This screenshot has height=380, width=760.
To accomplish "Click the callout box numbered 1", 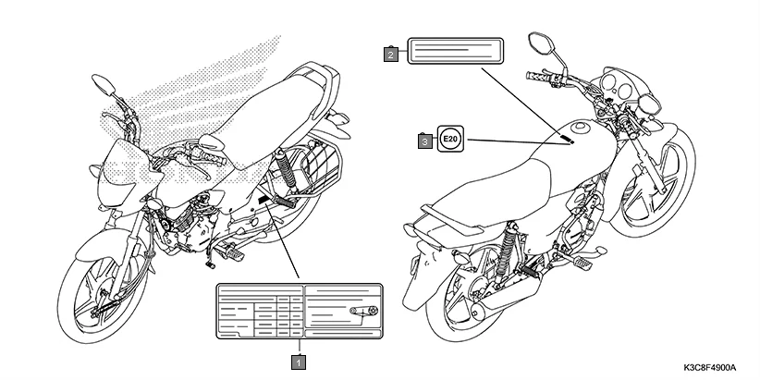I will click(x=298, y=361).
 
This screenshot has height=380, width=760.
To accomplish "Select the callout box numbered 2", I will click(x=392, y=55).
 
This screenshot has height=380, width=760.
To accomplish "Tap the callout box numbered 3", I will click(x=424, y=141).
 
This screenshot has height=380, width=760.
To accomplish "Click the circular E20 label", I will click(x=449, y=140).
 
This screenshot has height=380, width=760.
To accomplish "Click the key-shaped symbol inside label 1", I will click(x=362, y=311).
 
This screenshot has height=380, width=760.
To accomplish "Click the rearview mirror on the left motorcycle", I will click(x=103, y=87).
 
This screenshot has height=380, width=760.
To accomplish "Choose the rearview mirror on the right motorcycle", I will click(x=540, y=43).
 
